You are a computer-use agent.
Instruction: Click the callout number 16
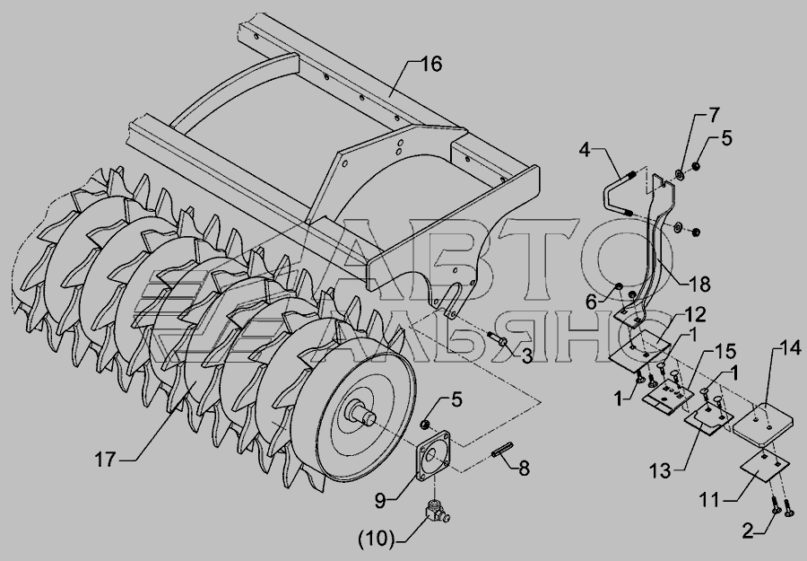(430, 65)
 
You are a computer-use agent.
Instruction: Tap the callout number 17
(105, 459)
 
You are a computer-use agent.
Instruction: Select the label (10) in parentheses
(377, 539)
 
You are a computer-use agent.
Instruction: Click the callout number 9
(380, 500)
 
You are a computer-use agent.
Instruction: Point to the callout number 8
(523, 469)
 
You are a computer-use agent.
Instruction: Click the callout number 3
(526, 356)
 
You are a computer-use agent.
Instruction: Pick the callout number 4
(584, 150)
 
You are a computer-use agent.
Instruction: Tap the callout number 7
(714, 116)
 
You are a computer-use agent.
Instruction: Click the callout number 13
(660, 470)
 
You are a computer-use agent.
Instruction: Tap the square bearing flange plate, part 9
(433, 456)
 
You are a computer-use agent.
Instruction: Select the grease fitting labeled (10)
(436, 510)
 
